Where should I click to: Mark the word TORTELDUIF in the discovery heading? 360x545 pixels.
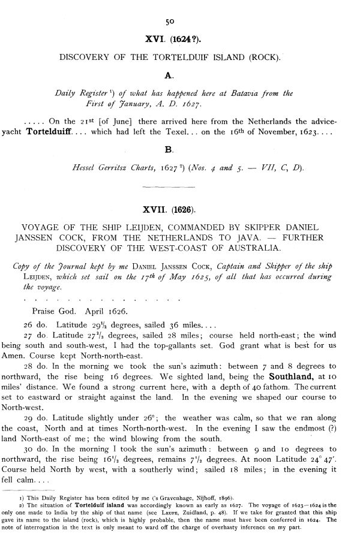pos(160,58)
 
